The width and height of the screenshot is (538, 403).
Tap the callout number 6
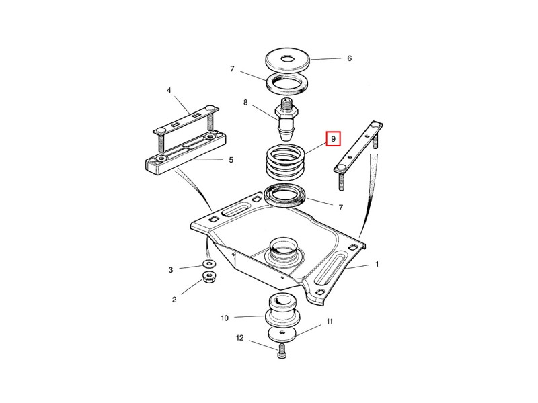tap(349, 58)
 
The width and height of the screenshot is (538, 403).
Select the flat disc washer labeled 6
tap(289, 60)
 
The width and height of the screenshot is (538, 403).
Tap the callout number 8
tap(245, 103)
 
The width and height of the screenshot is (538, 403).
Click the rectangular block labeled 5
tap(185, 154)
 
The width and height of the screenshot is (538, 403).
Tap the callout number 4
tap(169, 90)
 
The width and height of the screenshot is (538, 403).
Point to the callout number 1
tap(377, 264)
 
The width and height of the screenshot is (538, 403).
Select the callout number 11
tap(330, 322)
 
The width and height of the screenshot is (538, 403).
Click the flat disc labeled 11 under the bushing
tap(282, 334)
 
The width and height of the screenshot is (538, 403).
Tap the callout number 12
tap(239, 339)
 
